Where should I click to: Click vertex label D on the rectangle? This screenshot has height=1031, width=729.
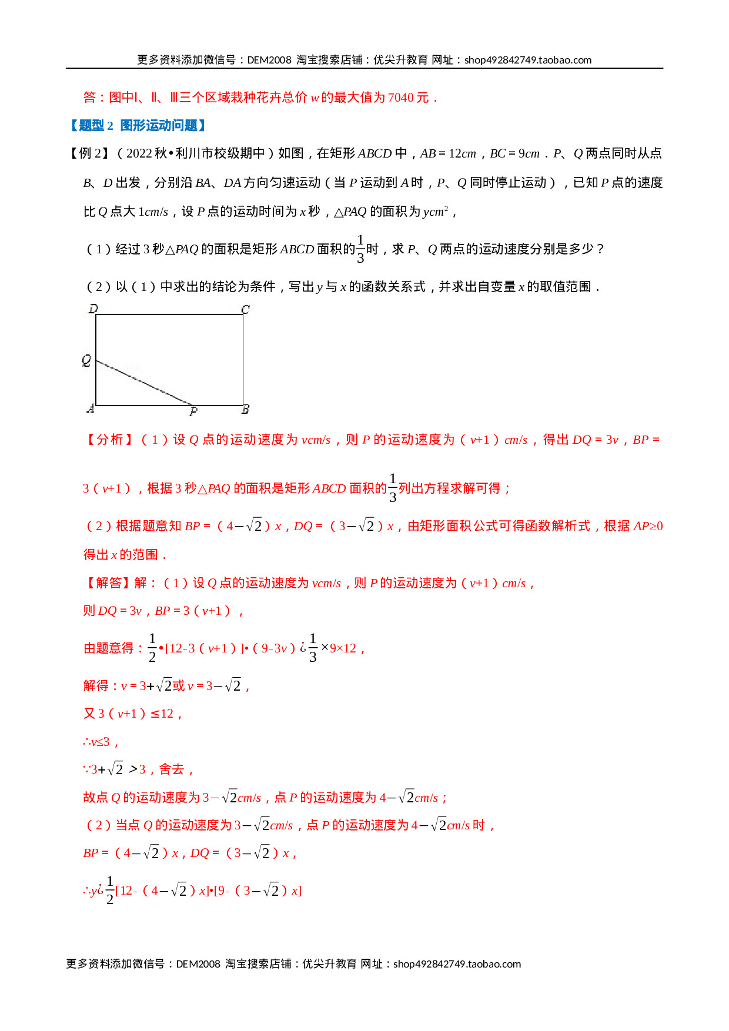tap(93, 309)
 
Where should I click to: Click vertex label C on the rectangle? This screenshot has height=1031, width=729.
tap(245, 310)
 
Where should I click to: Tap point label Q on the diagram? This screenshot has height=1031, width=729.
tap(87, 360)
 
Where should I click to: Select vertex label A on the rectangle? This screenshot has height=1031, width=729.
tap(90, 409)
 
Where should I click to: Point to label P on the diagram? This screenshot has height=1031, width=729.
tap(193, 412)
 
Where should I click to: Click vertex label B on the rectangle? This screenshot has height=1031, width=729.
tap(245, 409)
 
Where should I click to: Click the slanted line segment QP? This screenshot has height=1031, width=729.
tap(144, 383)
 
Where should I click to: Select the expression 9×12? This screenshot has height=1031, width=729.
tap(343, 648)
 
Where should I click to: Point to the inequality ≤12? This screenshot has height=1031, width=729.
tap(163, 714)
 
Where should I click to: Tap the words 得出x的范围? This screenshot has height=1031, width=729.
tap(121, 554)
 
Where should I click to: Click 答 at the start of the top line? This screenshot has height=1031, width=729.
tap(89, 98)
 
